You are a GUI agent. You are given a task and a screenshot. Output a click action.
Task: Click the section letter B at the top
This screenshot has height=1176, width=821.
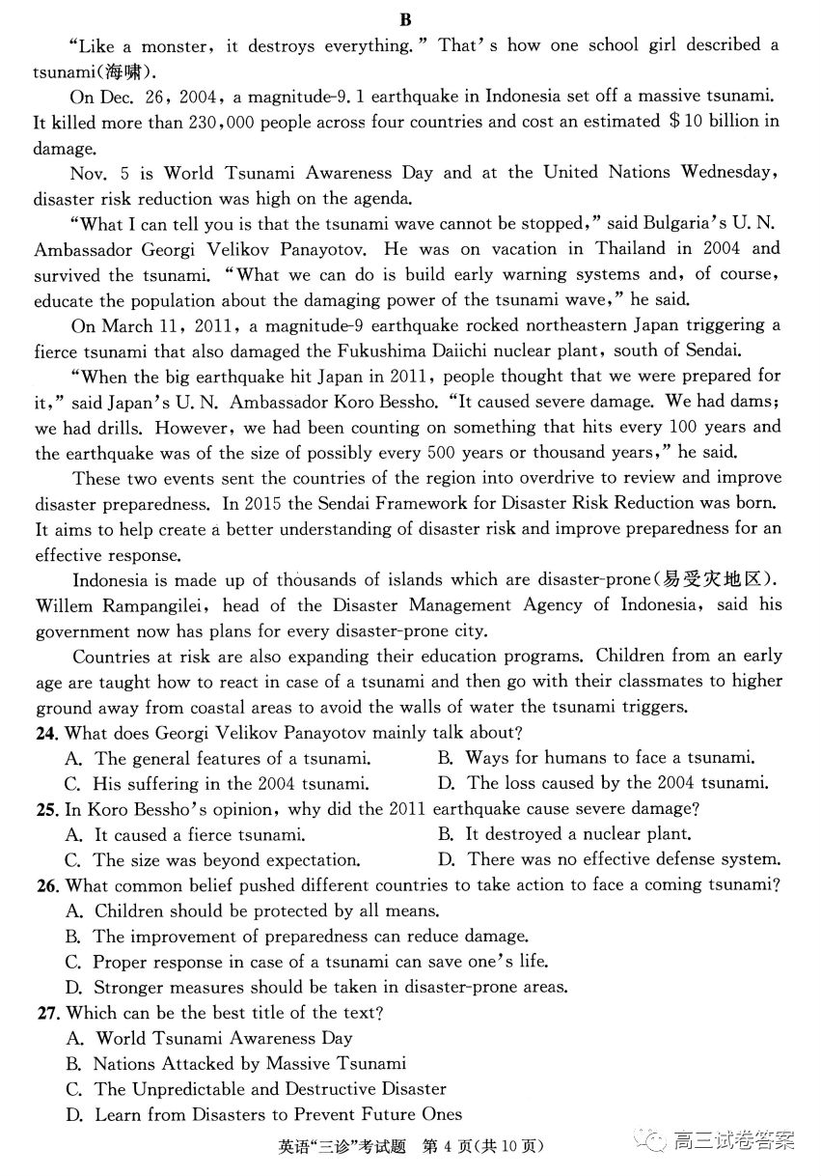tap(405, 19)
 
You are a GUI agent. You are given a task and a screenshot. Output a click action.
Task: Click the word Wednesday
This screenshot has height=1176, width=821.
tap(728, 173)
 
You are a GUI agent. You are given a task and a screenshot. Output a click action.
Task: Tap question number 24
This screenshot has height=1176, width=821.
tap(45, 733)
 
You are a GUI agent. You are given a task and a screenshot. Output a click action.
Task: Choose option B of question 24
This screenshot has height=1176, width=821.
tap(594, 758)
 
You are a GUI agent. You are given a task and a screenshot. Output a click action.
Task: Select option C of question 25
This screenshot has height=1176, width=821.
tap(213, 859)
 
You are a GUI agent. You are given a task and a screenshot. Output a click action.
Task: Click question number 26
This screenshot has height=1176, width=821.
tap(45, 884)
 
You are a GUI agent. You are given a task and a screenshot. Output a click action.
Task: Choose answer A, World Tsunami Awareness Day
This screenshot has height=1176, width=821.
tap(223, 1038)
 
